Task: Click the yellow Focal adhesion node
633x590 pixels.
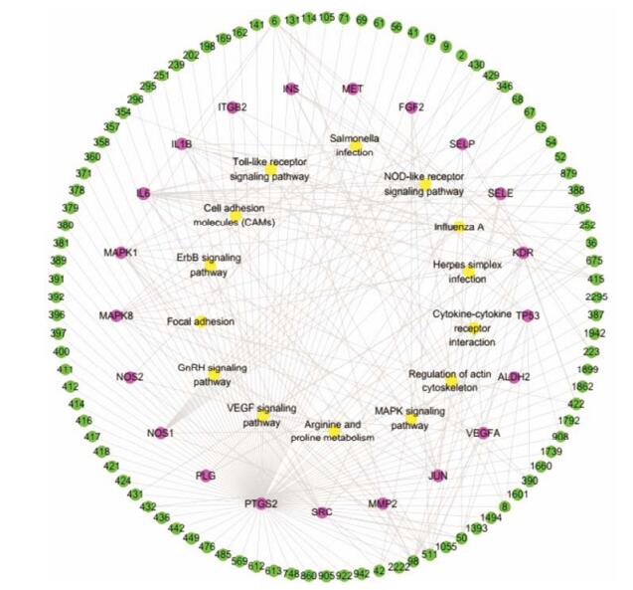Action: pos(200,321)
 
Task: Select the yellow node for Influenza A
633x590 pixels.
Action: pos(458,227)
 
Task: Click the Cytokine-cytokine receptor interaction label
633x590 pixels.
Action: pos(472,328)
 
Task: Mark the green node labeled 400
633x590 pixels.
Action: pos(61,352)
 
